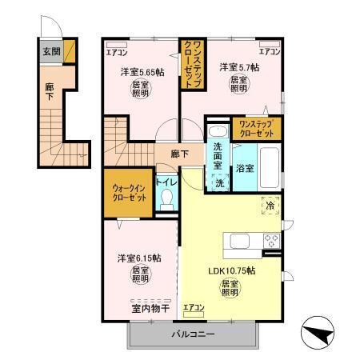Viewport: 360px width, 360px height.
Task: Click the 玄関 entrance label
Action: click(50, 53)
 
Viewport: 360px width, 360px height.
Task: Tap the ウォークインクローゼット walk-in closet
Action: click(129, 192)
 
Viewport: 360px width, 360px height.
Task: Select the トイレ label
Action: click(166, 182)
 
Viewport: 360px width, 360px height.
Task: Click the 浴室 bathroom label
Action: click(245, 168)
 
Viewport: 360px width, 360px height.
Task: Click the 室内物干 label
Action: click(149, 307)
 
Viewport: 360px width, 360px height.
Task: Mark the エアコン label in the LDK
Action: click(194, 307)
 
